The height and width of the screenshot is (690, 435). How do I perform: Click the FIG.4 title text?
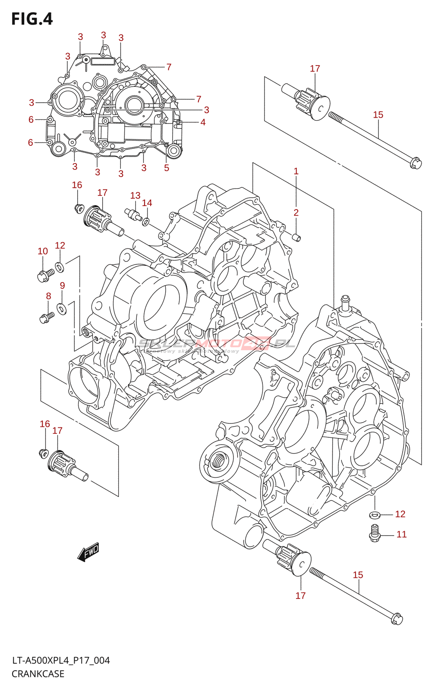pyautogui.click(x=32, y=19)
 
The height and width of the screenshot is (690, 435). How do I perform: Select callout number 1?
pyautogui.click(x=296, y=171)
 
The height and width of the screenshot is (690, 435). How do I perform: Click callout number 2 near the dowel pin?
pyautogui.click(x=296, y=213)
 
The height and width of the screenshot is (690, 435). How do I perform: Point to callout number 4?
pyautogui.click(x=203, y=122)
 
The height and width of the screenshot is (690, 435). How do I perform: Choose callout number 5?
pyautogui.click(x=167, y=168)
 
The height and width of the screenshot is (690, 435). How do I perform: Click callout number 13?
pyautogui.click(x=135, y=196)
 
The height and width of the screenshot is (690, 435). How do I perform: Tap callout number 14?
pyautogui.click(x=147, y=203)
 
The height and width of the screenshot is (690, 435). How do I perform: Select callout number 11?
pyautogui.click(x=402, y=535)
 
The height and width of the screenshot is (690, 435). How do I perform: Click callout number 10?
pyautogui.click(x=43, y=251)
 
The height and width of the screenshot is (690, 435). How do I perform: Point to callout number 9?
pyautogui.click(x=63, y=285)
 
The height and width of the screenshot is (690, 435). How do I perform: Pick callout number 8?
pyautogui.click(x=48, y=296)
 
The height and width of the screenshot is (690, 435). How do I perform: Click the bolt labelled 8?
pyautogui.click(x=46, y=318)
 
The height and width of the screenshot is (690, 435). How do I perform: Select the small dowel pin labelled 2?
pyautogui.click(x=296, y=237)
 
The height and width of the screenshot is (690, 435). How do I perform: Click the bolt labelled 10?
pyautogui.click(x=45, y=275)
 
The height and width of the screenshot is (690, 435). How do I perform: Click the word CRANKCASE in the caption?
pyautogui.click(x=38, y=674)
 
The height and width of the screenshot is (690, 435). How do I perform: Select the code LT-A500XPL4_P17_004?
pyautogui.click(x=61, y=661)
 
